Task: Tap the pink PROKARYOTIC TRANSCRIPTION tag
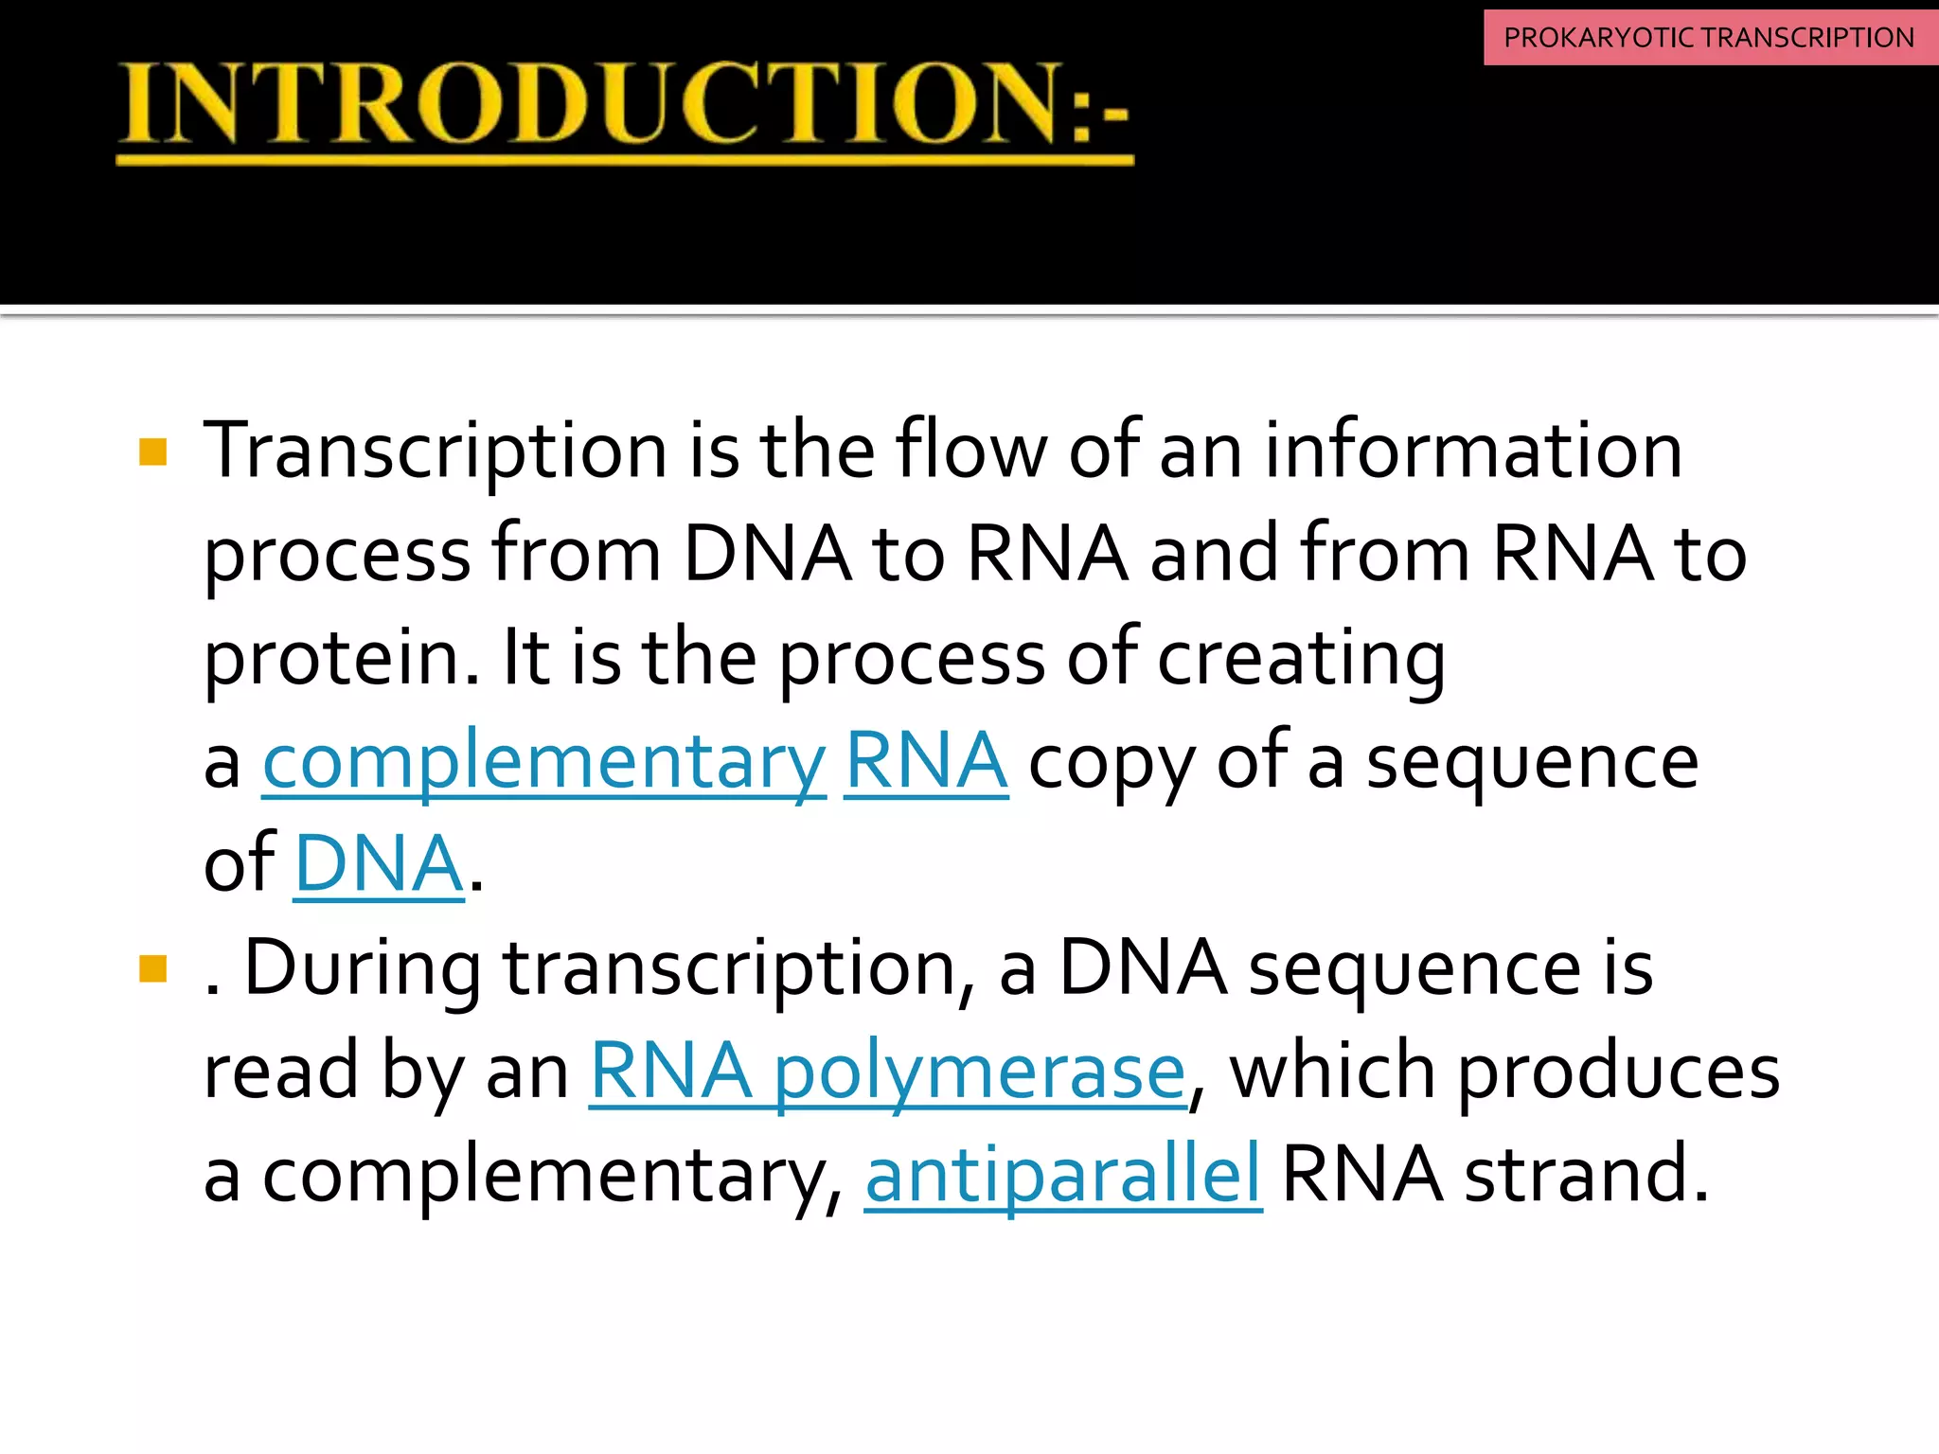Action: [1709, 38]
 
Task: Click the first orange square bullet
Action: [152, 452]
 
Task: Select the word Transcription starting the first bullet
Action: [436, 452]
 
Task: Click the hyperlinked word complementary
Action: [544, 763]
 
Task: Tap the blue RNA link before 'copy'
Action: [925, 761]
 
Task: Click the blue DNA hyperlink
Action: [379, 864]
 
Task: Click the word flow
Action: [971, 451]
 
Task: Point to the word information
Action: [1473, 451]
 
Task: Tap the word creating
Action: [1301, 659]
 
